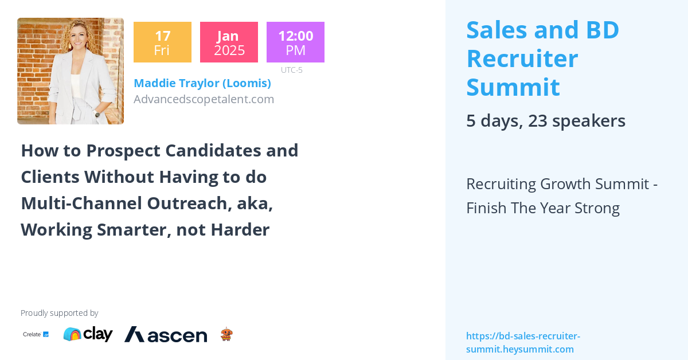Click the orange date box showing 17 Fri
[162, 42]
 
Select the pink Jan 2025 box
[229, 42]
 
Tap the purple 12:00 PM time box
[295, 42]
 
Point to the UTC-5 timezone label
[292, 70]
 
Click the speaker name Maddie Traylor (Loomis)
[202, 83]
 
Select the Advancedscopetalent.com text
[204, 99]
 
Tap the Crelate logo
[36, 334]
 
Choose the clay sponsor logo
[88, 334]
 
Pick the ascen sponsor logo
[166, 334]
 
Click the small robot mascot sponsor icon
[226, 334]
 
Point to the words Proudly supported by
[59, 313]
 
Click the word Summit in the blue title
[513, 87]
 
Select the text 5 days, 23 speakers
[545, 121]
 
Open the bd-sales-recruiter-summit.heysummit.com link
[523, 342]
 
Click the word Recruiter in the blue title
[522, 58]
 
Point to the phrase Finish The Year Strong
[543, 208]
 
